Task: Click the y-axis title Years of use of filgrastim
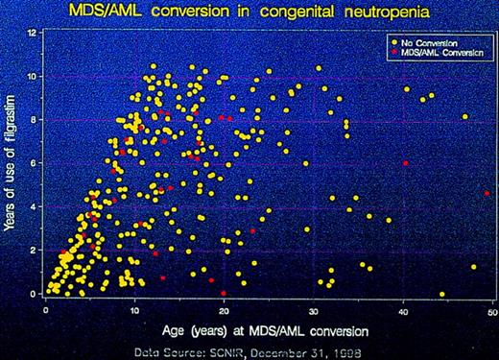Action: pyautogui.click(x=12, y=163)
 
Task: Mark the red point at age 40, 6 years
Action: pyautogui.click(x=406, y=164)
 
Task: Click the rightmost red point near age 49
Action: pyautogui.click(x=487, y=193)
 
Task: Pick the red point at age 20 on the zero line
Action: pyautogui.click(x=224, y=293)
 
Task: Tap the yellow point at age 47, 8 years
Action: pyautogui.click(x=465, y=117)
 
